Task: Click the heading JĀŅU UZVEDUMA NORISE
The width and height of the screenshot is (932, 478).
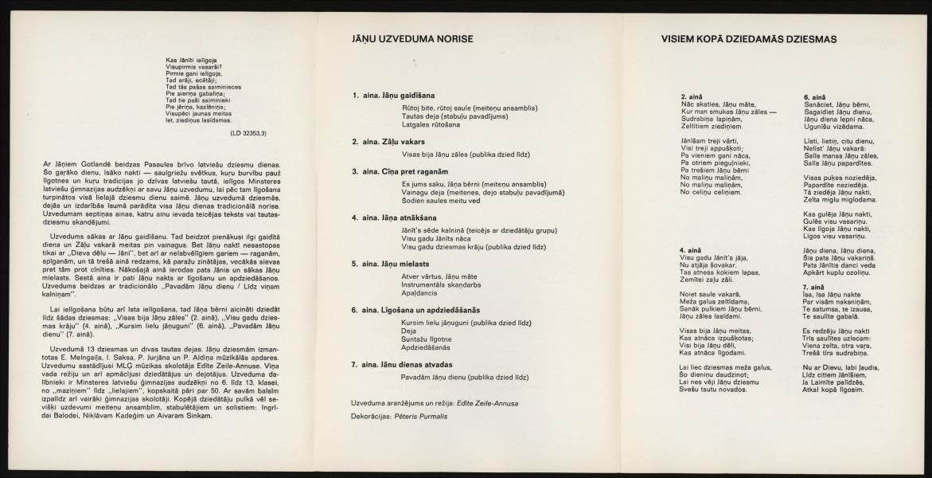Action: click(x=412, y=38)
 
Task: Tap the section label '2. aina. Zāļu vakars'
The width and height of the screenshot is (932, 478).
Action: click(x=388, y=142)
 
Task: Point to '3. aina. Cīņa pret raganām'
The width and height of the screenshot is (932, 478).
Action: click(x=400, y=170)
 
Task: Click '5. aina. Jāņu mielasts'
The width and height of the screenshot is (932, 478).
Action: click(x=391, y=263)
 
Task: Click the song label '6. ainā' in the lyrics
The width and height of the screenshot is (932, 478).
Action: click(x=814, y=96)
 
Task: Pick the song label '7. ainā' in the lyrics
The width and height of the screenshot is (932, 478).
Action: click(x=814, y=285)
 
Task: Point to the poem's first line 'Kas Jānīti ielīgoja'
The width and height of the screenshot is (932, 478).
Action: click(x=193, y=61)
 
